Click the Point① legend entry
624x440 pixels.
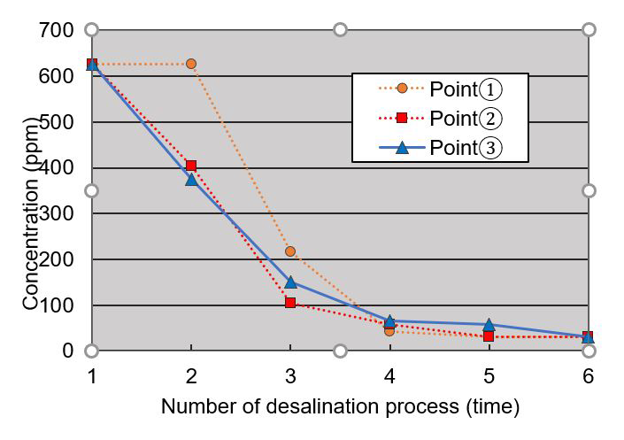441,89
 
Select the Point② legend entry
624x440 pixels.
441,118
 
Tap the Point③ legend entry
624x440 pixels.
441,147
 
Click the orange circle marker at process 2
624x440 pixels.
191,64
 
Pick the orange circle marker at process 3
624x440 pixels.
290,251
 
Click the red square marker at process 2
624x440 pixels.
191,166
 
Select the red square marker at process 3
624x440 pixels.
290,303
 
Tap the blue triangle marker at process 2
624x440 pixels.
191,179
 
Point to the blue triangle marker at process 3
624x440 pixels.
290,282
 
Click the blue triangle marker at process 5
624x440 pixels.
489,325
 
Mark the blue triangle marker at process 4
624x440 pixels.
389,321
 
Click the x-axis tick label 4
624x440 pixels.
389,375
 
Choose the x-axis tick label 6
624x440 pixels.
588,375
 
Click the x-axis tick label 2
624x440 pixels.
191,375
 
